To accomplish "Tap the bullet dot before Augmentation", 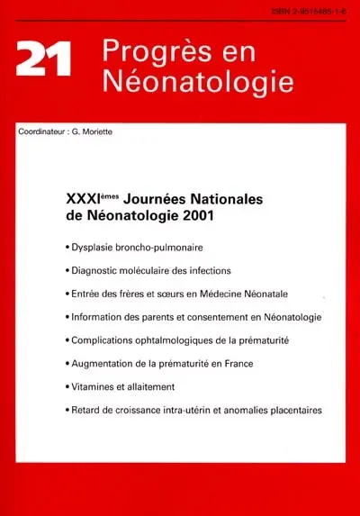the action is tap(68, 365).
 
